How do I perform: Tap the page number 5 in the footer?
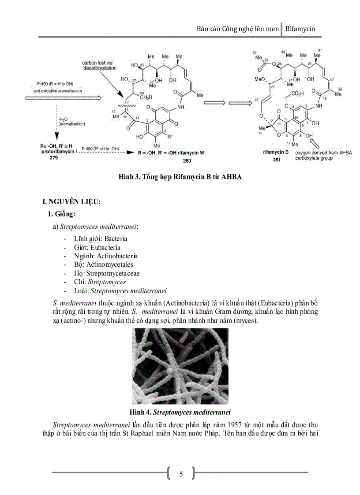[x=180, y=474]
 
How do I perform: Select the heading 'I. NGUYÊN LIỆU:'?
[x=71, y=202]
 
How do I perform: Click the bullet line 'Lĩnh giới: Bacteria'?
[x=101, y=238]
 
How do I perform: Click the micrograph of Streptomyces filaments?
[x=180, y=366]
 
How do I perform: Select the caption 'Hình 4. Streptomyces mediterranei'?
[x=180, y=413]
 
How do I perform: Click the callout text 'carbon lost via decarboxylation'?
[x=99, y=66]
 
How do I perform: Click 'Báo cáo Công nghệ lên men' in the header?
[x=238, y=29]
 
